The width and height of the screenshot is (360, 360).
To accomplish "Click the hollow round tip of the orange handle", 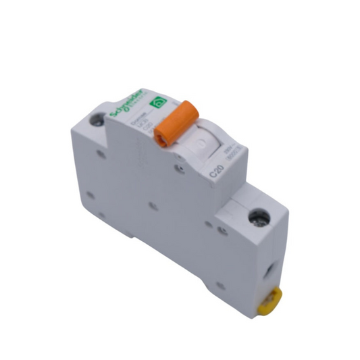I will click(x=161, y=138).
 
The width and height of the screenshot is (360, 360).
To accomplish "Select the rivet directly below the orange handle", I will click(x=179, y=168).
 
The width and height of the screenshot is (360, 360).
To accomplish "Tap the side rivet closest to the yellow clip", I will click(x=220, y=286).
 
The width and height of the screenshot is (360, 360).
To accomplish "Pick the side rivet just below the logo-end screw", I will click(x=101, y=154).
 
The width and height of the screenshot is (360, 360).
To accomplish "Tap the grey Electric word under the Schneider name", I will click(x=134, y=106).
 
